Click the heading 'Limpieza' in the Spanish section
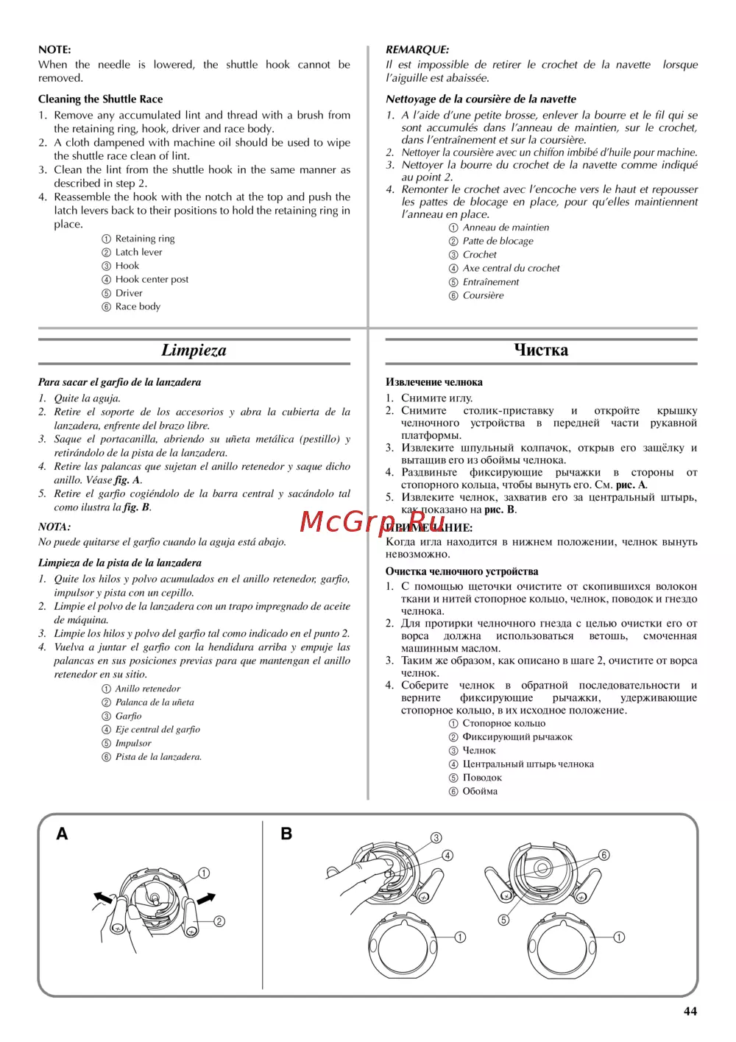[x=194, y=351]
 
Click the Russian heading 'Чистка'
[x=541, y=351]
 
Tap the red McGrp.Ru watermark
[x=372, y=521]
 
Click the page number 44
[x=690, y=1011]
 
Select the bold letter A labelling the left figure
[x=63, y=834]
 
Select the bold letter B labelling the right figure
[x=286, y=834]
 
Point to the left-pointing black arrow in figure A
[x=102, y=897]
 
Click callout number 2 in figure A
[x=219, y=921]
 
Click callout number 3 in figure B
[x=436, y=838]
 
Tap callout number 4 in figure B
[x=447, y=856]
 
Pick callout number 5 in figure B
[x=503, y=920]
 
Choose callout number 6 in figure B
[x=604, y=855]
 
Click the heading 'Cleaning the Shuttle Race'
[x=101, y=99]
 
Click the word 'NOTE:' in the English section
[x=54, y=50]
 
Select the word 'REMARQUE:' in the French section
[x=417, y=50]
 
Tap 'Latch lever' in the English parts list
[x=138, y=252]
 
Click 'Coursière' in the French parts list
[x=483, y=295]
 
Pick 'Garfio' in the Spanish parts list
[x=128, y=716]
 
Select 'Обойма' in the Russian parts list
[x=480, y=791]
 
